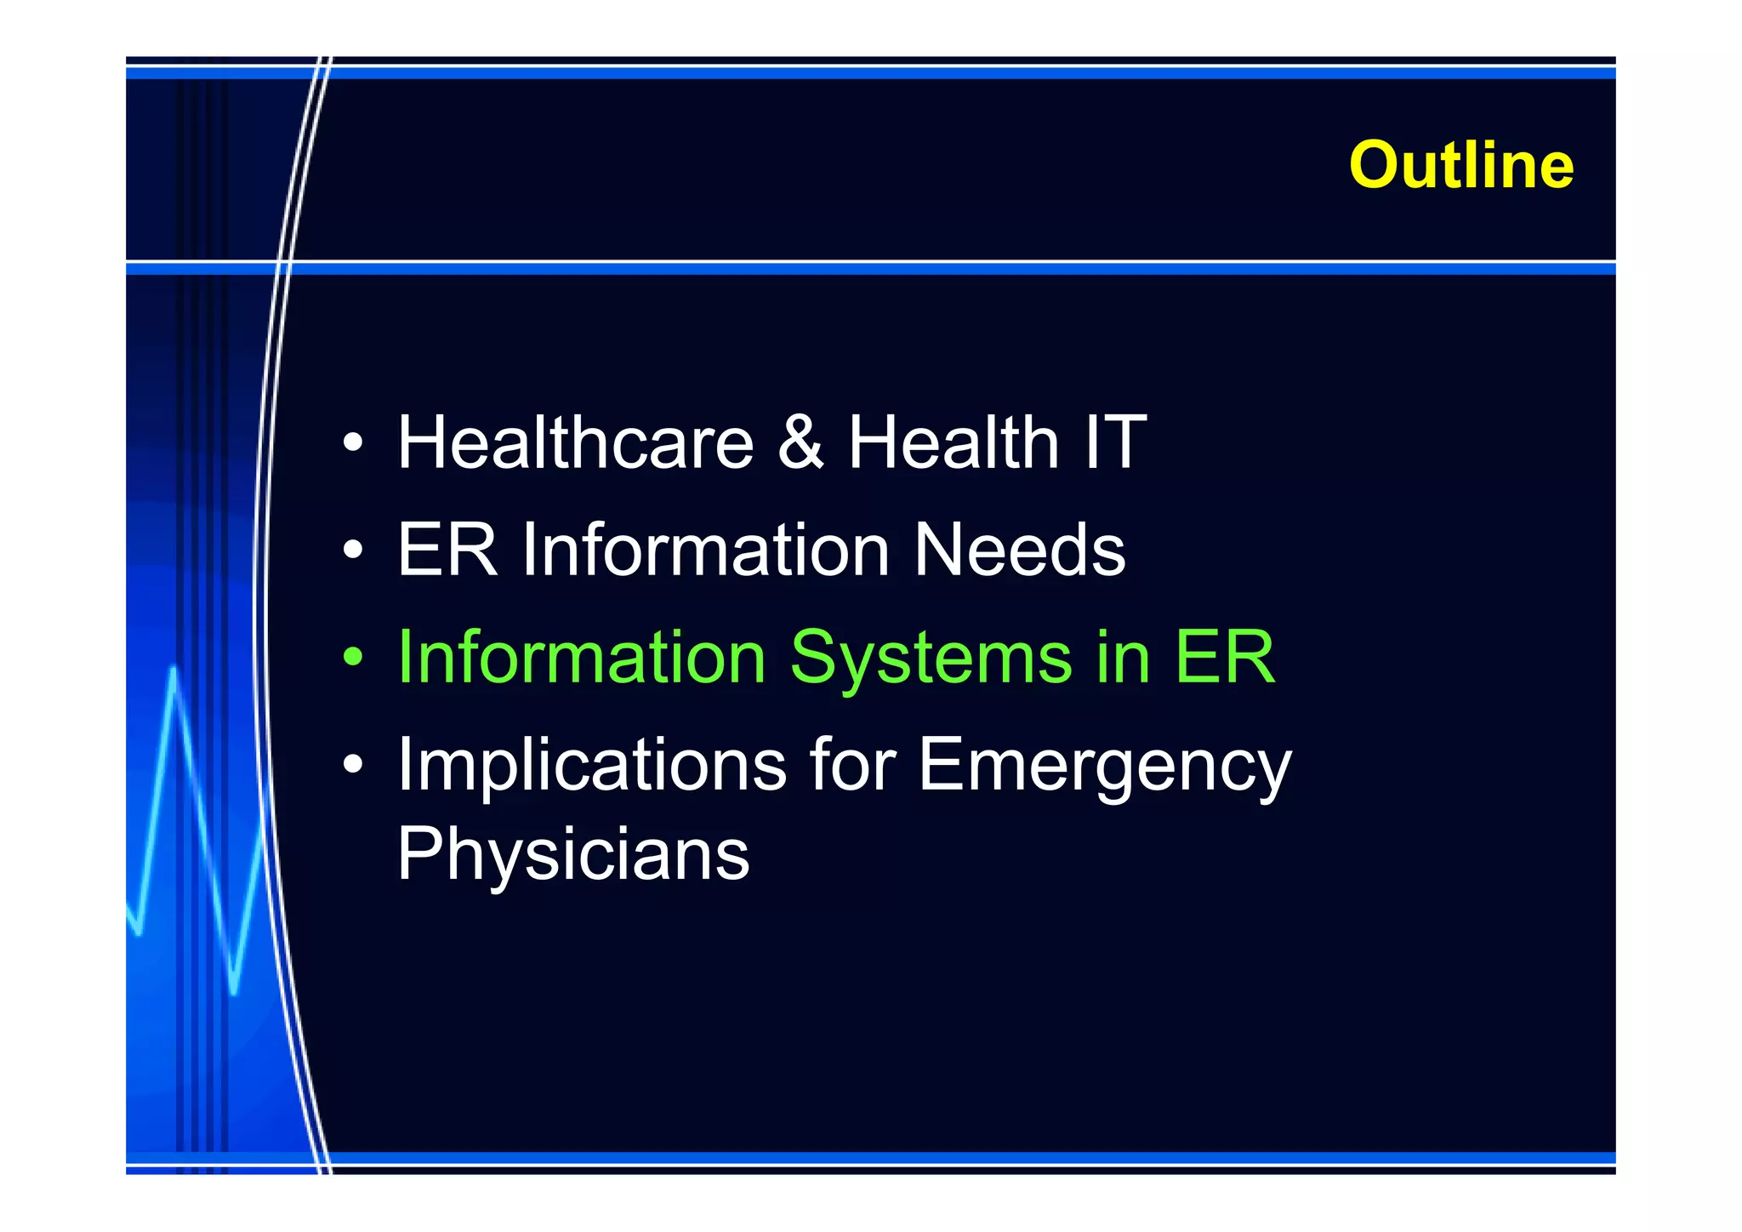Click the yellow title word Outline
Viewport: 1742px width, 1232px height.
pyautogui.click(x=1460, y=165)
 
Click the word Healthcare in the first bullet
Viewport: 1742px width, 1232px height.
pyautogui.click(x=576, y=442)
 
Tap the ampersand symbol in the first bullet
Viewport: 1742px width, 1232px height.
pyautogui.click(x=800, y=442)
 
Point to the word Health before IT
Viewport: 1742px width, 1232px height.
pyautogui.click(x=954, y=442)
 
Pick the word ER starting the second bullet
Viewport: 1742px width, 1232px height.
pyautogui.click(x=447, y=550)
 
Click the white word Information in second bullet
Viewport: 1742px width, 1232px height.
pyautogui.click(x=706, y=550)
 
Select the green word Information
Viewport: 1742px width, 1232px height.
pyautogui.click(x=582, y=658)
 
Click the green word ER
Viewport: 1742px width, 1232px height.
pyautogui.click(x=1225, y=658)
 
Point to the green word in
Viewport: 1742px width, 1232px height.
pyautogui.click(x=1123, y=658)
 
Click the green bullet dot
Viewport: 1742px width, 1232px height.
pyautogui.click(x=353, y=658)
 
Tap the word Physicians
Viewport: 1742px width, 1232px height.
pyautogui.click(x=573, y=854)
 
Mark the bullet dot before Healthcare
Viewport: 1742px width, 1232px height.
pyautogui.click(x=353, y=443)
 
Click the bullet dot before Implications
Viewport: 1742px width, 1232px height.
pyautogui.click(x=353, y=765)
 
